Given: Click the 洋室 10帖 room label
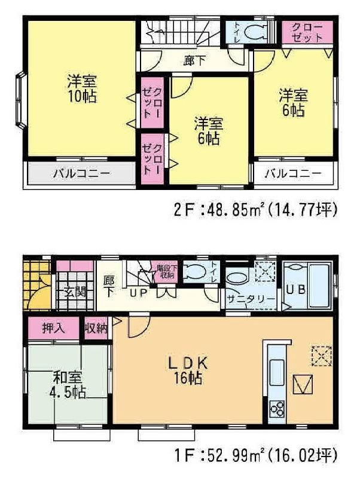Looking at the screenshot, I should (x=82, y=88).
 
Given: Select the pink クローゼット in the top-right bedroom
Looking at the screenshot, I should (x=307, y=31).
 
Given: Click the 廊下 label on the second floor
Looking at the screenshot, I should (x=192, y=60).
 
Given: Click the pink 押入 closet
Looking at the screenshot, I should (x=53, y=327).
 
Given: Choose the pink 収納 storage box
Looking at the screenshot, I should (x=95, y=327).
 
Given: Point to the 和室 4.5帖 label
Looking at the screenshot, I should (x=67, y=384).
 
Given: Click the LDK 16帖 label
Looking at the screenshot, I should (x=186, y=370).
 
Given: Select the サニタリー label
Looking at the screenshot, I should (x=251, y=299).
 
